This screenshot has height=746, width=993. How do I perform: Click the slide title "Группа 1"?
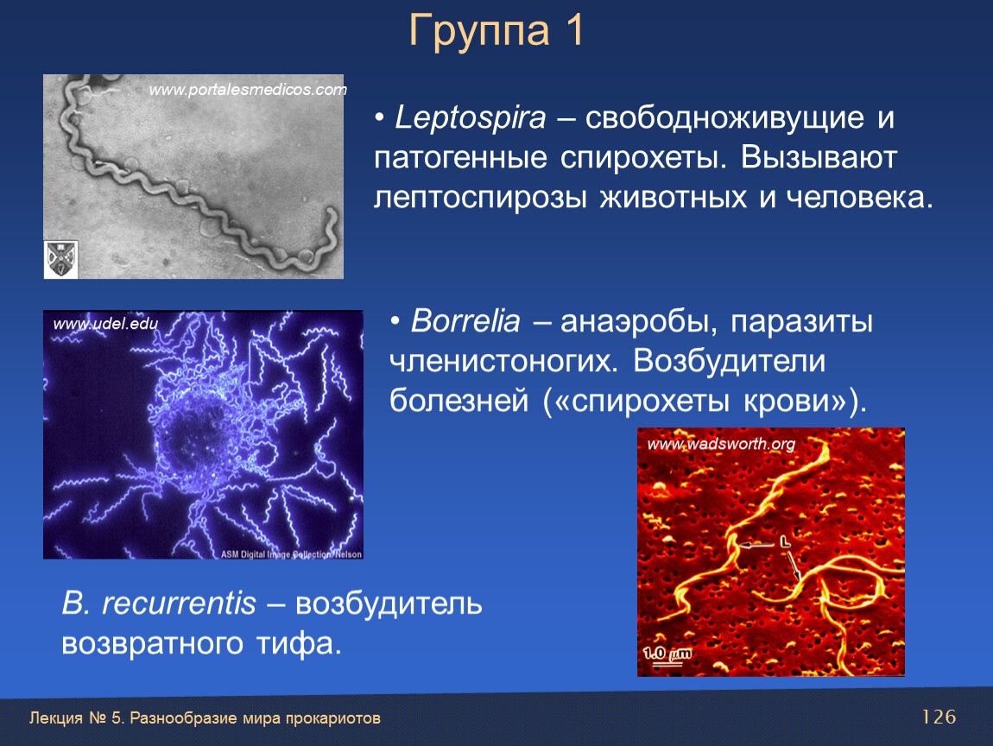[x=496, y=30]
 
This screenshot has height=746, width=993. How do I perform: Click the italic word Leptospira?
[x=470, y=117]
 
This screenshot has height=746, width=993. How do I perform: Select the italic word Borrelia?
[x=465, y=320]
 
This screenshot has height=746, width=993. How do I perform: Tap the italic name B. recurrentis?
[x=159, y=603]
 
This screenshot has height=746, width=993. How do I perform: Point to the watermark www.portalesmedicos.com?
[x=248, y=89]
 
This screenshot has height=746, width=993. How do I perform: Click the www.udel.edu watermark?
[x=105, y=324]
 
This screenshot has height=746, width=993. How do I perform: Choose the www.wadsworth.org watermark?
[x=721, y=443]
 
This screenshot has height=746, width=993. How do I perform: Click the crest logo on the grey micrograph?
[x=60, y=259]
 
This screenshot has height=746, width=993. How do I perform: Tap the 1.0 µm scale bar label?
[x=667, y=654]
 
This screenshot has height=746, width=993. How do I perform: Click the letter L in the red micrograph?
[x=785, y=541]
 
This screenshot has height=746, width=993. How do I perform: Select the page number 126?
[x=939, y=717]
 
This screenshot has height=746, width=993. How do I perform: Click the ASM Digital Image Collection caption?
[x=291, y=554]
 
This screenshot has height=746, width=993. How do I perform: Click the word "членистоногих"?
[x=503, y=361]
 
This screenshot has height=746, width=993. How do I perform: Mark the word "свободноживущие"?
[x=724, y=118]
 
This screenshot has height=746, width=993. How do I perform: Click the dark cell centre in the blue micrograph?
[x=195, y=436]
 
